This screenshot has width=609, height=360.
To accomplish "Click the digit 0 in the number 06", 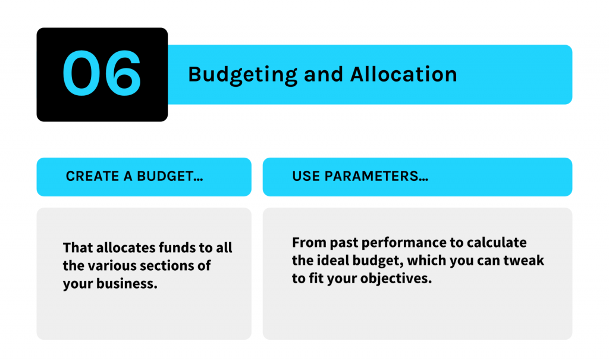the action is tap(81, 73).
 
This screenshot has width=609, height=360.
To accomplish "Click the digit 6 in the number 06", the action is tap(123, 73).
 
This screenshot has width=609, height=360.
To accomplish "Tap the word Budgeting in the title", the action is tap(243, 74).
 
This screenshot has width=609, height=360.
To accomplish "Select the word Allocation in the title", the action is tap(404, 74).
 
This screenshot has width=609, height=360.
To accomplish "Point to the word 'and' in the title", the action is tap(324, 74).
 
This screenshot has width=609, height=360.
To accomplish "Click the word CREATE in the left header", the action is tap(92, 177).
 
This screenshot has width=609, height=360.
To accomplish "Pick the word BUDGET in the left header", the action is tap(165, 177).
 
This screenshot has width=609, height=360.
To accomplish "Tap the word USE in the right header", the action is tap(306, 177).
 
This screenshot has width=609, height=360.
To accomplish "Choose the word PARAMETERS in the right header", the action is tap(371, 177).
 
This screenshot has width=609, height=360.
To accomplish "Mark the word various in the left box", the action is tap(112, 265).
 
